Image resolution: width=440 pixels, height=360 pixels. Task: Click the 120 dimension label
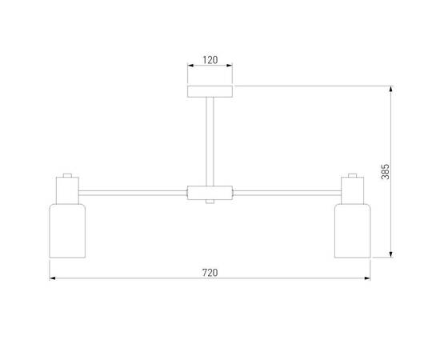tap(210, 61)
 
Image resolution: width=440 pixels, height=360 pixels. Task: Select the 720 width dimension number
tap(210, 272)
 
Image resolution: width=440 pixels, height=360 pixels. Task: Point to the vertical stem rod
tap(210, 140)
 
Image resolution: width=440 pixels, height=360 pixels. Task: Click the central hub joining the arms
tap(210, 193)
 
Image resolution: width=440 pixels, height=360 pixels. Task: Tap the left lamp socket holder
tap(66, 190)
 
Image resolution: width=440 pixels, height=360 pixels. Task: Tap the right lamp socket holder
tap(352, 190)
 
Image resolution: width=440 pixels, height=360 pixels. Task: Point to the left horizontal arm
tap(132, 192)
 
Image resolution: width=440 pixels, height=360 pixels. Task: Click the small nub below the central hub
tap(210, 202)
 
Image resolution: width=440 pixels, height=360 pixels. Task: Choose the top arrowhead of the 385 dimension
tap(392, 88)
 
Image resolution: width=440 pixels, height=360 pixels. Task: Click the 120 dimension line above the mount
tap(210, 70)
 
